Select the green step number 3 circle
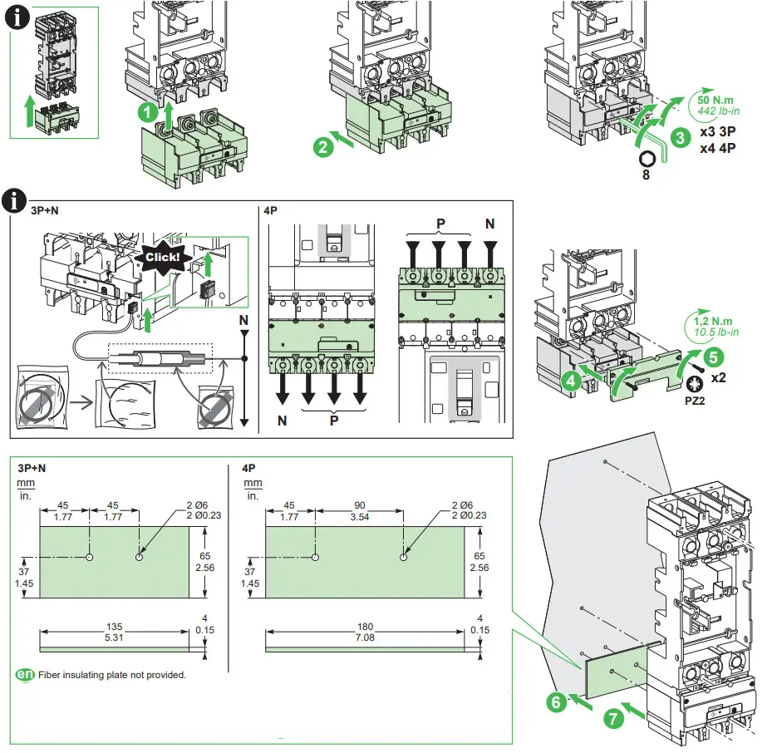pos(680,137)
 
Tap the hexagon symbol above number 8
pos(648,158)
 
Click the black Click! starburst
pos(162,257)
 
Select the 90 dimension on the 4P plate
pos(360,505)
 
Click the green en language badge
pos(26,674)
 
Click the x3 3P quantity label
pos(719,133)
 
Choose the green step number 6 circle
pos(558,701)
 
